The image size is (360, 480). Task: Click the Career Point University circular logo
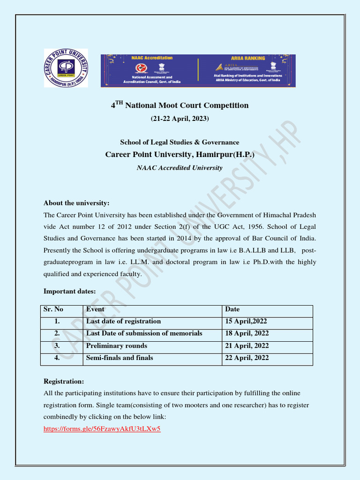pyautogui.click(x=66, y=68)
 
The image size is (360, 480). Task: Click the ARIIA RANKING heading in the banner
pyautogui.click(x=247, y=58)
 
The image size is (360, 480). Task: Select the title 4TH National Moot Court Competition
pyautogui.click(x=180, y=105)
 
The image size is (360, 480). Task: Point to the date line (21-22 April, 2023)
pyautogui.click(x=180, y=119)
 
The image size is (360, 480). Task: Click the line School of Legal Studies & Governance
pyautogui.click(x=180, y=142)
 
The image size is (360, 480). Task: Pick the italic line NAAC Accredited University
pyautogui.click(x=180, y=167)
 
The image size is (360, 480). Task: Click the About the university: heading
pyautogui.click(x=76, y=203)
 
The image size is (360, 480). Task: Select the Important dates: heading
pyautogui.click(x=69, y=291)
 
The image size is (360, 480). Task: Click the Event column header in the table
pyautogui.click(x=95, y=309)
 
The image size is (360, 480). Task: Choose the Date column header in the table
pyautogui.click(x=232, y=309)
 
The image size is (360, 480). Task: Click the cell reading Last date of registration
pyautogui.click(x=123, y=321)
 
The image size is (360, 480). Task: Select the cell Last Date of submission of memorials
pyautogui.click(x=144, y=333)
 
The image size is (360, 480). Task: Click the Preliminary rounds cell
pyautogui.click(x=116, y=345)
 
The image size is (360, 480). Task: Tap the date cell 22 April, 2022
pyautogui.click(x=247, y=358)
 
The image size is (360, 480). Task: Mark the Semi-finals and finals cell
pyautogui.click(x=120, y=358)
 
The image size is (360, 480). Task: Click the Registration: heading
pyautogui.click(x=64, y=382)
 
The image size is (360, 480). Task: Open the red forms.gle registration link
pyautogui.click(x=102, y=428)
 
